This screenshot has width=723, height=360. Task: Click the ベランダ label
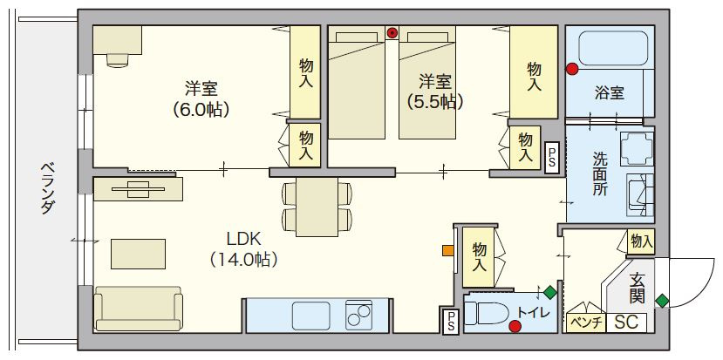pos(46,188)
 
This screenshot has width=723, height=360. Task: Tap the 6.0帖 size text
pos(201,110)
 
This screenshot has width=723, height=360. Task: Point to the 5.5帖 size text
pos(434,101)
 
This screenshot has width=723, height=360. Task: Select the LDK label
pos(244,239)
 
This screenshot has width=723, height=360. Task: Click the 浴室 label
pos(609,93)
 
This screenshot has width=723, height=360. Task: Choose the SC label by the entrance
pos(627,323)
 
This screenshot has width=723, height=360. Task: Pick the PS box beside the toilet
pos(450,321)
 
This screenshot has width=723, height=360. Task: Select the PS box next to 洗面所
pos(551,158)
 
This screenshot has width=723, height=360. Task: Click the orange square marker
pos(447,250)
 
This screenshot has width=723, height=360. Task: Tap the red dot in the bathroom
pos(572,69)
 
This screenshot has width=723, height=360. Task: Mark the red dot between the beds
pos(392,33)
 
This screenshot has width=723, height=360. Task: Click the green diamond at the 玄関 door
pos(662,301)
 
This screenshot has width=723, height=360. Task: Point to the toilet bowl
pos(487,314)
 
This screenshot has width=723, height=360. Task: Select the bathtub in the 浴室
pos(614,49)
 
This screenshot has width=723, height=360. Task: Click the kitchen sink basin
pos(310,316)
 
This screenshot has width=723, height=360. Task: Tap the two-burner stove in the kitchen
pos(358,316)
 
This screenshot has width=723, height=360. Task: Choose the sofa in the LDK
pos(138,309)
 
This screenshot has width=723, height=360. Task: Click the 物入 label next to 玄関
pos(641,241)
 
